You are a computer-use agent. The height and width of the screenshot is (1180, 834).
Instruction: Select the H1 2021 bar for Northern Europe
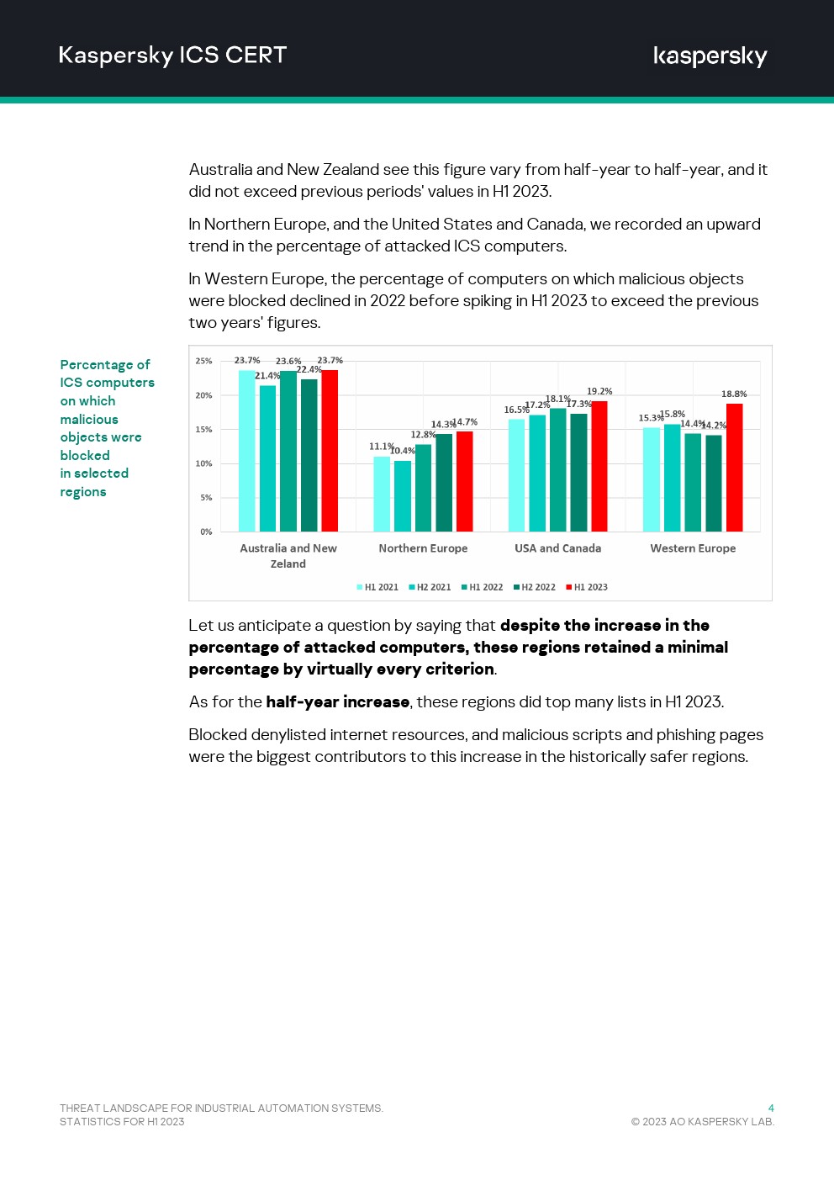[382, 494]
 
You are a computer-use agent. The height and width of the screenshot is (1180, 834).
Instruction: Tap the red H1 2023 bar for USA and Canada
[599, 466]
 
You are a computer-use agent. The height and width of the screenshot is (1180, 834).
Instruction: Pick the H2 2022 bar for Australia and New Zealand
[309, 455]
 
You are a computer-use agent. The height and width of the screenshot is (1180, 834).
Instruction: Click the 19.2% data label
[599, 391]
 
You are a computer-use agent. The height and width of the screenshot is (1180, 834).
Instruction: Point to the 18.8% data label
[734, 394]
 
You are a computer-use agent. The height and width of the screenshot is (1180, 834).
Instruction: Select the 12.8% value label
[423, 435]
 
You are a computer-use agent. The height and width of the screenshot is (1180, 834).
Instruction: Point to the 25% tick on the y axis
[203, 361]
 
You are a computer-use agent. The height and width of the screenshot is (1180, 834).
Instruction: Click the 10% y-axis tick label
[203, 463]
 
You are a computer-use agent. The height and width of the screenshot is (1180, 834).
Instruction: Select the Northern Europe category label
[423, 548]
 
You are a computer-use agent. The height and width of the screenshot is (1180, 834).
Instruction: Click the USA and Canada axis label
[557, 548]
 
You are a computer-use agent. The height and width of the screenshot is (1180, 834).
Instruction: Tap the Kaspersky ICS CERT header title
[172, 56]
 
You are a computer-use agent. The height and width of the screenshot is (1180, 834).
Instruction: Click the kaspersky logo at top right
[710, 56]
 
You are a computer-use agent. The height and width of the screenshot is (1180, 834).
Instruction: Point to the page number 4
[771, 1108]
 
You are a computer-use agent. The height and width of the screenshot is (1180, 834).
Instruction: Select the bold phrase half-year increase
[337, 701]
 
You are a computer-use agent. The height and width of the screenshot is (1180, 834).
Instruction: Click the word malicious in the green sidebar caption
[89, 419]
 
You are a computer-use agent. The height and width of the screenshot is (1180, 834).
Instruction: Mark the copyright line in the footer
[702, 1121]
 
